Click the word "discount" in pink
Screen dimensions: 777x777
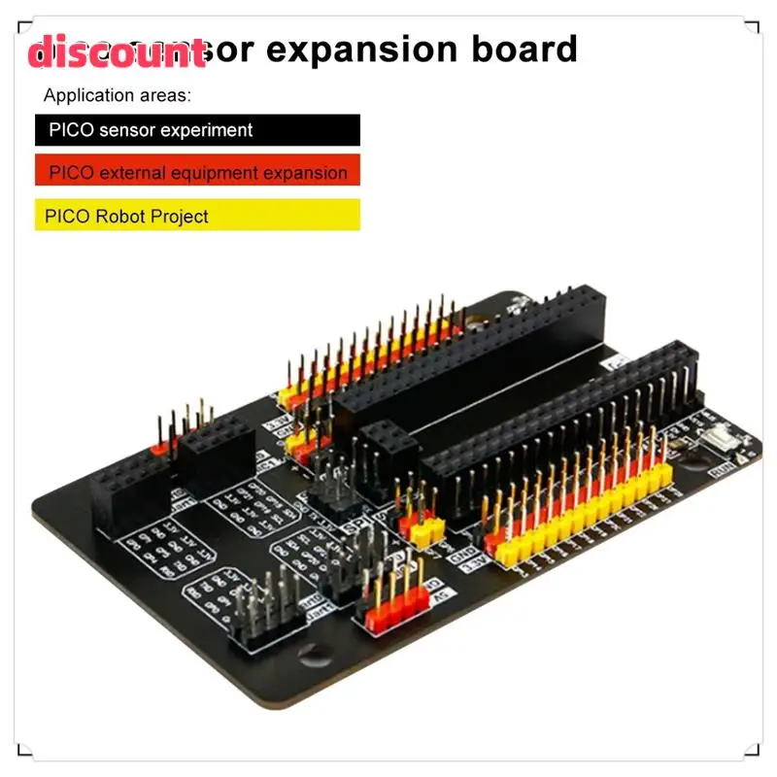coord(117,53)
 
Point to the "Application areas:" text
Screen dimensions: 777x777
coord(118,95)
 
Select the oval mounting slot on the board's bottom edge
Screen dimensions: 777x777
coord(315,657)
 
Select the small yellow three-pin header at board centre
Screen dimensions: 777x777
coord(422,532)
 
